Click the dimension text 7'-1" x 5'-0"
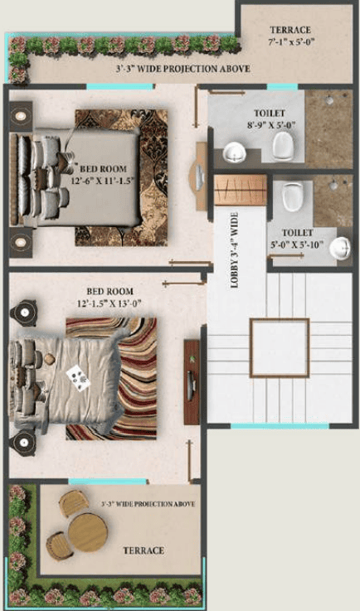point(291,41)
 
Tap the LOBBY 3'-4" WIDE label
point(235,250)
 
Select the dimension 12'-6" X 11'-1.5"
point(103,181)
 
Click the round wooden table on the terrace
point(88,532)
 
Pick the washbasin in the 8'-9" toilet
point(235,152)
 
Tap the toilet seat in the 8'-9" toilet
point(283,146)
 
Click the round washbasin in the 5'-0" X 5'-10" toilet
point(340,248)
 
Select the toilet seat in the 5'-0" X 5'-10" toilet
point(293,196)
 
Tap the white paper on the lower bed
point(78,378)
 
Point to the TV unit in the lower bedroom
point(192,382)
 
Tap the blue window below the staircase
point(280,426)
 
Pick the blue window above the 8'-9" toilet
point(282,86)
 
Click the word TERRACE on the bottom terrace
point(144,550)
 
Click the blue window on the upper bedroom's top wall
point(120,86)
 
